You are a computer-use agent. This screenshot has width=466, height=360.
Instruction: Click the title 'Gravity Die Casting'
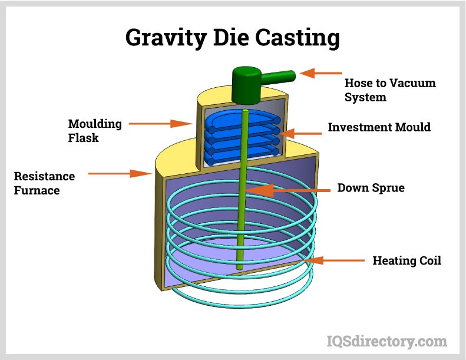(x=233, y=38)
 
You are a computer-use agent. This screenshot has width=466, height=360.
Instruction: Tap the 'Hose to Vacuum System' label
(x=389, y=90)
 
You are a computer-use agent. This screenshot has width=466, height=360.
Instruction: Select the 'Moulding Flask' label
(x=95, y=131)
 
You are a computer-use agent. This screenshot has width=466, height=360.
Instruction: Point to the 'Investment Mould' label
(x=379, y=127)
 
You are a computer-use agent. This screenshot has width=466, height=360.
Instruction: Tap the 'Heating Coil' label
(x=406, y=260)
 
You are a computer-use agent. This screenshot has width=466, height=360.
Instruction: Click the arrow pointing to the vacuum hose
(x=318, y=74)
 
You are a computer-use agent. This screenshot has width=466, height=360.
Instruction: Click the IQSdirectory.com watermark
(x=386, y=341)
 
